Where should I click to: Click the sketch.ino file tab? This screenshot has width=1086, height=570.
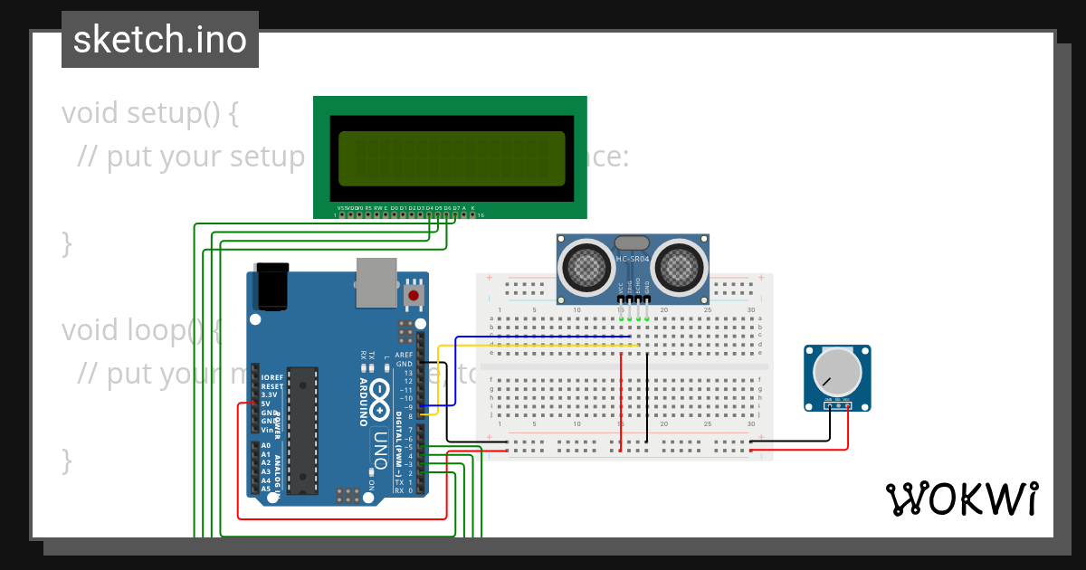159,40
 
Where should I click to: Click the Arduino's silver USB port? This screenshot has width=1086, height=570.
376,281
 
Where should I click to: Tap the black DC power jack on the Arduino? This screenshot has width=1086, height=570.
271,287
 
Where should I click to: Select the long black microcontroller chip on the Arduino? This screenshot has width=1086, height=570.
302,431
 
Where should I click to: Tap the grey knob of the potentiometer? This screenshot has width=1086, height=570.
837,373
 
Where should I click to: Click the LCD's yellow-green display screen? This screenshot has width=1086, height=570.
452,158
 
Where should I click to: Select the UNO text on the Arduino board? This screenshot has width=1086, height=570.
380,449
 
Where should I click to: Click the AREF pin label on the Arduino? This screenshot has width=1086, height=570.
404,356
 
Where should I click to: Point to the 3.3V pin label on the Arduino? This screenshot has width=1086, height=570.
269,394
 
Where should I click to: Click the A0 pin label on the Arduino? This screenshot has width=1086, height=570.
265,446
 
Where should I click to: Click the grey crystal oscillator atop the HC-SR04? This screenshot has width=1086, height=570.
632,242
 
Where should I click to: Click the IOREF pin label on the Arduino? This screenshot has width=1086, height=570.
271,377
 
